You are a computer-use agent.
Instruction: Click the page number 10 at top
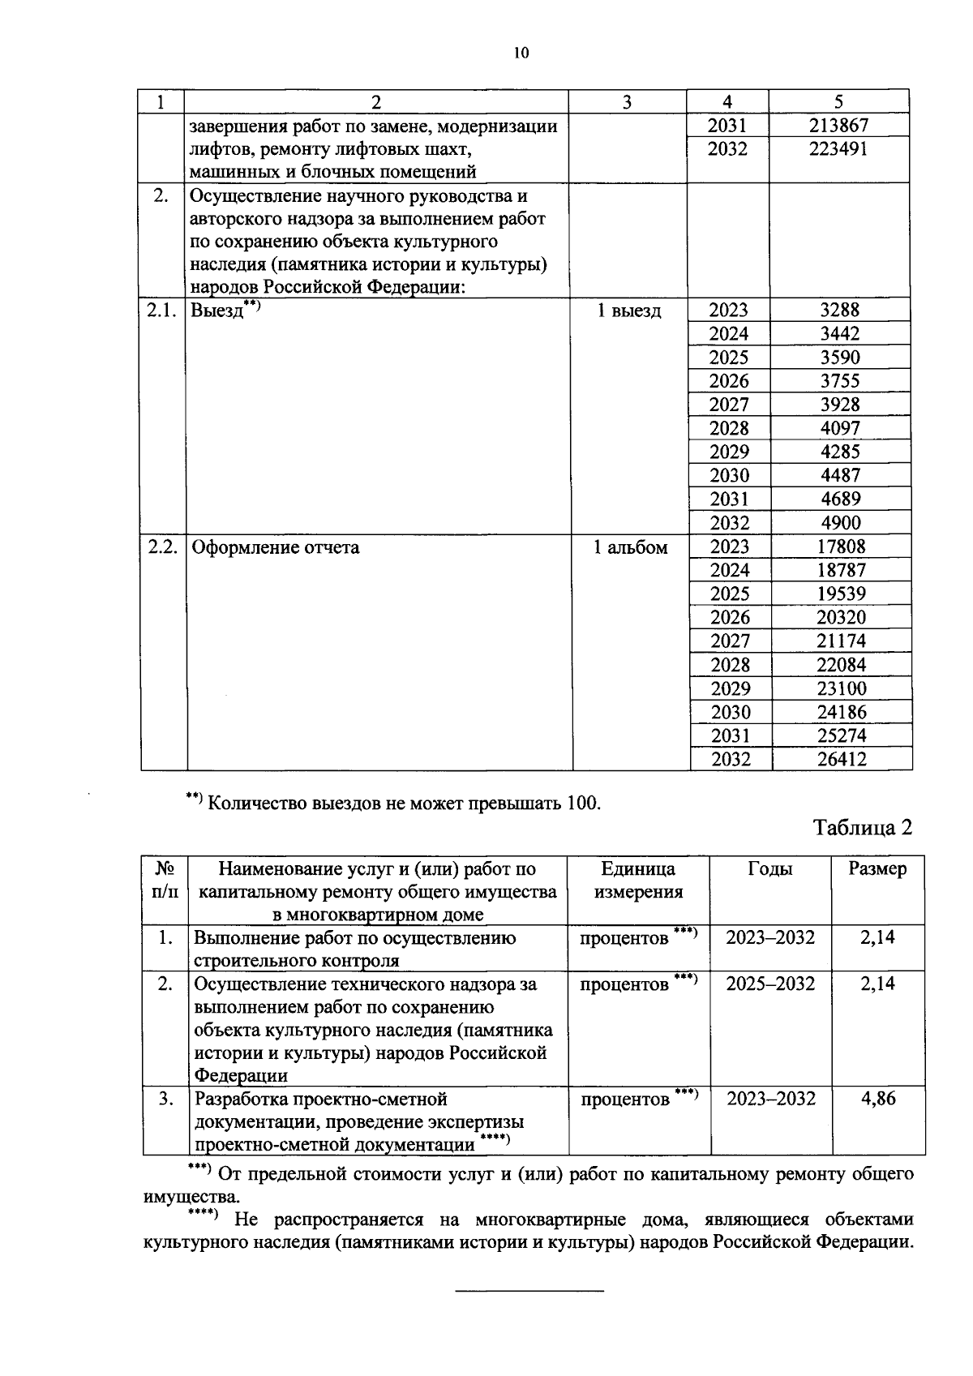click(x=521, y=54)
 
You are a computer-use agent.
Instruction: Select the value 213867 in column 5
click(x=838, y=126)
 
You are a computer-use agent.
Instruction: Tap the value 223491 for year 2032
click(x=838, y=149)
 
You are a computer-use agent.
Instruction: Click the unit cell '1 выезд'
click(x=629, y=311)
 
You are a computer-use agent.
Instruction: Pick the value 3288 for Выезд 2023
click(x=840, y=310)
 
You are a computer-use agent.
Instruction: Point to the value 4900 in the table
click(x=840, y=523)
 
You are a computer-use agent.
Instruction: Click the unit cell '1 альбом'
click(x=630, y=547)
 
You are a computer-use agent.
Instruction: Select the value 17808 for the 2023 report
click(x=841, y=547)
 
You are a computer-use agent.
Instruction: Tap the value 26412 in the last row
click(x=842, y=760)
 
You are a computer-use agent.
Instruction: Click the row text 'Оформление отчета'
click(x=276, y=547)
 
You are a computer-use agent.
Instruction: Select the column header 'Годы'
click(x=770, y=869)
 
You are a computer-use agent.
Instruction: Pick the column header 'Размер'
click(x=878, y=869)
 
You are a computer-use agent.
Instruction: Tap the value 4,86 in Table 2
click(x=878, y=1100)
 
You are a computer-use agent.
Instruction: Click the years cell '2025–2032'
click(x=770, y=984)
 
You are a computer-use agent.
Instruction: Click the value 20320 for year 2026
click(x=841, y=618)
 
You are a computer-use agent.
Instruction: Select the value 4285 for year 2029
click(x=840, y=452)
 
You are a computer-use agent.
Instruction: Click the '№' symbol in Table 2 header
click(x=165, y=869)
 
